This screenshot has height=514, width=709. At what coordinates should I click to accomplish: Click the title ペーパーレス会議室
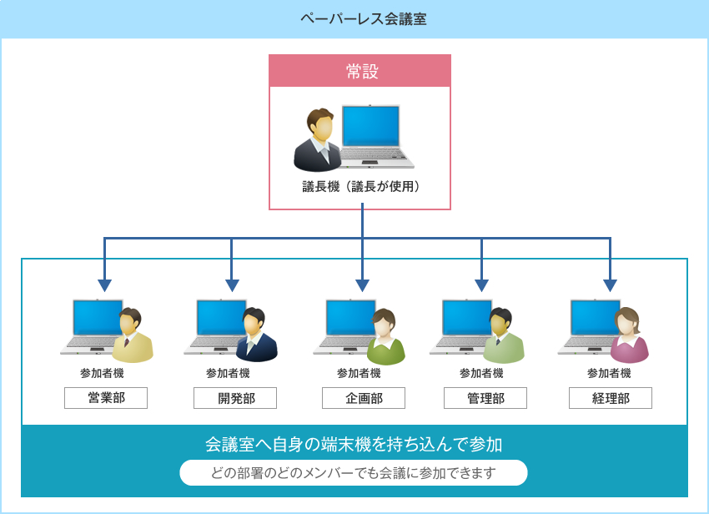pos(364,19)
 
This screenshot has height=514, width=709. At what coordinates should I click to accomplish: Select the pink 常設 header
pos(360,71)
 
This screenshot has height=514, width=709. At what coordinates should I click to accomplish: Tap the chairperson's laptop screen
pos(371,126)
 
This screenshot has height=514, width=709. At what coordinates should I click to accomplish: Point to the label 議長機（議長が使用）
pos(361,186)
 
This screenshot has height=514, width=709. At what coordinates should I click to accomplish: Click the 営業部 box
pos(106,398)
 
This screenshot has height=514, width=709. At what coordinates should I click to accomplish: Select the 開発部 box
pos(235,398)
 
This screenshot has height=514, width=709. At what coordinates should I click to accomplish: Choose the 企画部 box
pos(364,398)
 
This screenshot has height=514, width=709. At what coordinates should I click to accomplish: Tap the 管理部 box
pos(485,398)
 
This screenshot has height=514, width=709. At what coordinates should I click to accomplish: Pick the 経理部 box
pos(611,398)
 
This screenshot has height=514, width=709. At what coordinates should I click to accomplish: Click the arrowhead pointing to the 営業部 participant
pos(104,285)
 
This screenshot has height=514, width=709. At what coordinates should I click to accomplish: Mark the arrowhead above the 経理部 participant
pos(610,285)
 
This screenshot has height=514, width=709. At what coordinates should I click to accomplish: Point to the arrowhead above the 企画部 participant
pos(362,285)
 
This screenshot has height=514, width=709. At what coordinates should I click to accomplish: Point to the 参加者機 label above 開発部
pos(228,373)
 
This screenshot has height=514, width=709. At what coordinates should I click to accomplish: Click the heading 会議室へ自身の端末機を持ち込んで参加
pos(354,444)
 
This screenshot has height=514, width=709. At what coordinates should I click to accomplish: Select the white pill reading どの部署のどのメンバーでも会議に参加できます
pos(354,473)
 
